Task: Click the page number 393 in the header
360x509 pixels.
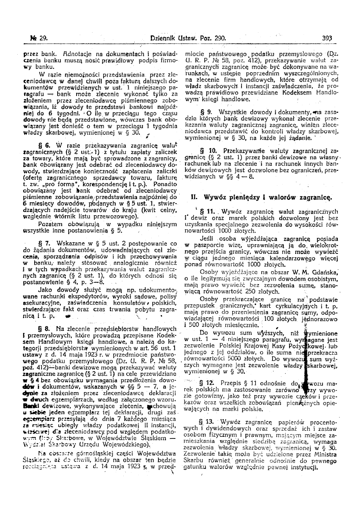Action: [327, 39]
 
